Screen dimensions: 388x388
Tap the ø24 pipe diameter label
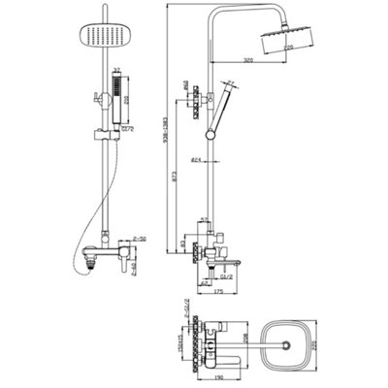tap(198, 159)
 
